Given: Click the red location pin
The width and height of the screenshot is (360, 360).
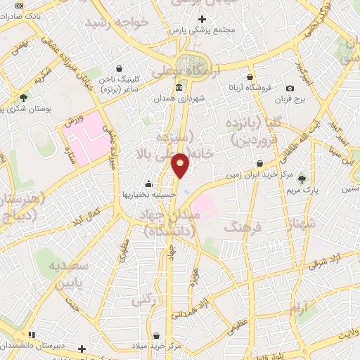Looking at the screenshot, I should pos(181,165).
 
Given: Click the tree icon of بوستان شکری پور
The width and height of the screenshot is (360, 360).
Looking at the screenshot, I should pos(24,98).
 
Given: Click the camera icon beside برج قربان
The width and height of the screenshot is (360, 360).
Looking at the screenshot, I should pos(290,88).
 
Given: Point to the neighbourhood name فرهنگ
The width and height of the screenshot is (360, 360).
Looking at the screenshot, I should pos(241,228).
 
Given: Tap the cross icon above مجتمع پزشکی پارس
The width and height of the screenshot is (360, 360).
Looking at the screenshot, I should pos(203,19).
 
